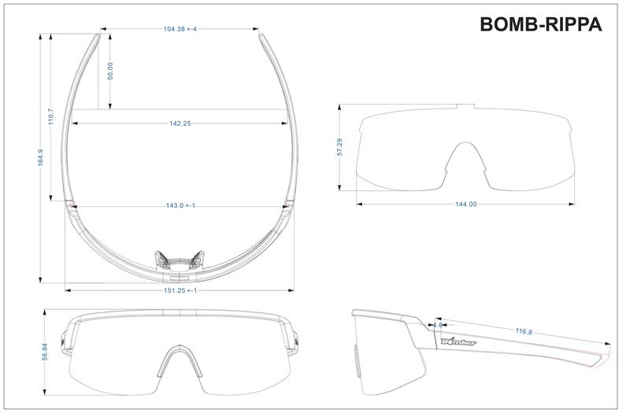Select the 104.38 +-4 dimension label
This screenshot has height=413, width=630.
tap(180, 29)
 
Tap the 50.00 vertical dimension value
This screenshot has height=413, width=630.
tap(111, 71)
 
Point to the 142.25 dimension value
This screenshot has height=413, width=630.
tap(180, 123)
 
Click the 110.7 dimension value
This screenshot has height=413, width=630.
tap(50, 116)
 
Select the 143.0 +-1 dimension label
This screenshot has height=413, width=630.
tap(180, 205)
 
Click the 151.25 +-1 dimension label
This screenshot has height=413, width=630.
tap(180, 290)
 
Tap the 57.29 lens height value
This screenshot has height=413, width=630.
tap(339, 147)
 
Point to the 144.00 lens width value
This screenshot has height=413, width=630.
tap(466, 205)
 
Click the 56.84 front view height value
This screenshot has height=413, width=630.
tap(45, 352)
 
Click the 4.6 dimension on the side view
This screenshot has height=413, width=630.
tap(437, 323)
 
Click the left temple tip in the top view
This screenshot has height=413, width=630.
tap(98, 35)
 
